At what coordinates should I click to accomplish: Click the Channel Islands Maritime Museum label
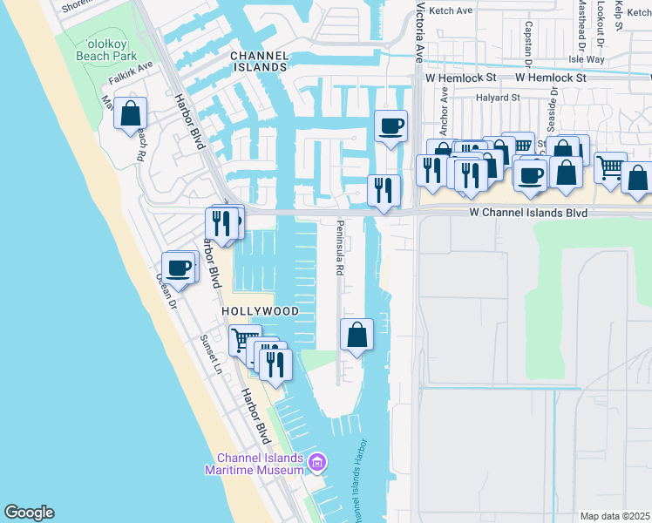click(x=259, y=465)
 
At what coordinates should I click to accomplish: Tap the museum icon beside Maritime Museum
click(x=316, y=461)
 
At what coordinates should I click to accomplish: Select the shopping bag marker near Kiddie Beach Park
click(x=130, y=114)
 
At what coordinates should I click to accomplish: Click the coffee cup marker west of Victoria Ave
click(x=391, y=126)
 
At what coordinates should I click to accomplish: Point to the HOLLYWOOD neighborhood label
click(x=260, y=311)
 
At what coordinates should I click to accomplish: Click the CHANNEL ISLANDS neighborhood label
click(x=259, y=61)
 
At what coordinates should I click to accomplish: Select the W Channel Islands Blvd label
click(x=528, y=212)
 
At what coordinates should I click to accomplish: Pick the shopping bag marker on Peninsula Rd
click(x=357, y=335)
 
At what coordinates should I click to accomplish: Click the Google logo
click(x=29, y=513)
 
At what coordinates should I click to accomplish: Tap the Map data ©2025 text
click(x=615, y=516)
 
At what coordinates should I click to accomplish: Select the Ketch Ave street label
click(x=452, y=10)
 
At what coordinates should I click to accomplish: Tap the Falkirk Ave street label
click(x=131, y=71)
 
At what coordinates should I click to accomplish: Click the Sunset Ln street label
click(x=212, y=354)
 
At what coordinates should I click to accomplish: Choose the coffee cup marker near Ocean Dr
click(x=180, y=268)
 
